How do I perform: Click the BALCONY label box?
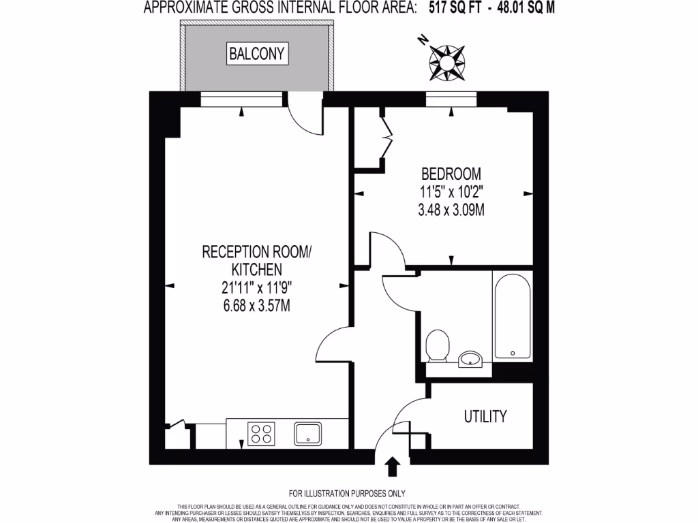(258, 53)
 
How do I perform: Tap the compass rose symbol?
(446, 62)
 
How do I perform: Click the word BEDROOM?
(451, 174)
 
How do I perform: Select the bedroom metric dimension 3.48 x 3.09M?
(451, 210)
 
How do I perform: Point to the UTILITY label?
(485, 416)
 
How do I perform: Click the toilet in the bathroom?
(436, 345)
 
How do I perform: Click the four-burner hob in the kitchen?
(261, 433)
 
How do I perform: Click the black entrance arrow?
(393, 467)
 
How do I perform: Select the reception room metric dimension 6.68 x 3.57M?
(256, 306)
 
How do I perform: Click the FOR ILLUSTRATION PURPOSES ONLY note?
(348, 493)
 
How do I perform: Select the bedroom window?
(451, 100)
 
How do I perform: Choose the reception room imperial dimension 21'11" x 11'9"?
(256, 288)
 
